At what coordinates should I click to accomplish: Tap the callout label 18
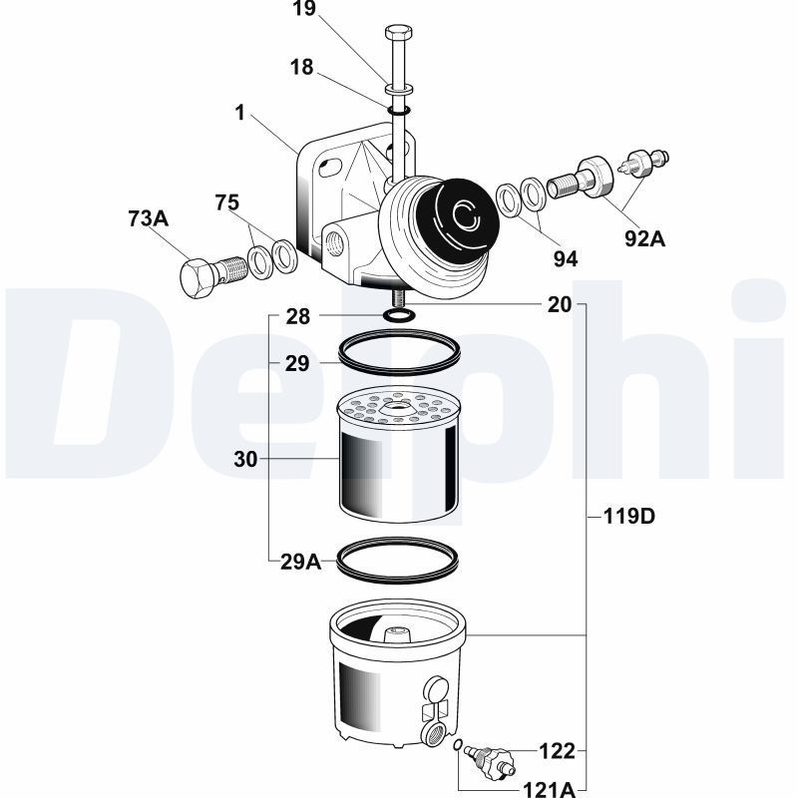tap(301, 67)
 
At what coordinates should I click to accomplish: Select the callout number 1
tap(239, 113)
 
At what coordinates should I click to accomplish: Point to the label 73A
tap(149, 217)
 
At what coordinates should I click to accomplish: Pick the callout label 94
tap(566, 259)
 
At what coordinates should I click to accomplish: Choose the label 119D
tap(628, 517)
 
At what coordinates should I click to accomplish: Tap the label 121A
tap(550, 789)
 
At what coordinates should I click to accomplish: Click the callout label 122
tap(557, 749)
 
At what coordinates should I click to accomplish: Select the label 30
tap(245, 459)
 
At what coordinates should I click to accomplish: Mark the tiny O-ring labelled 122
tap(457, 745)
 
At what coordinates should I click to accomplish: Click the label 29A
tap(300, 562)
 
